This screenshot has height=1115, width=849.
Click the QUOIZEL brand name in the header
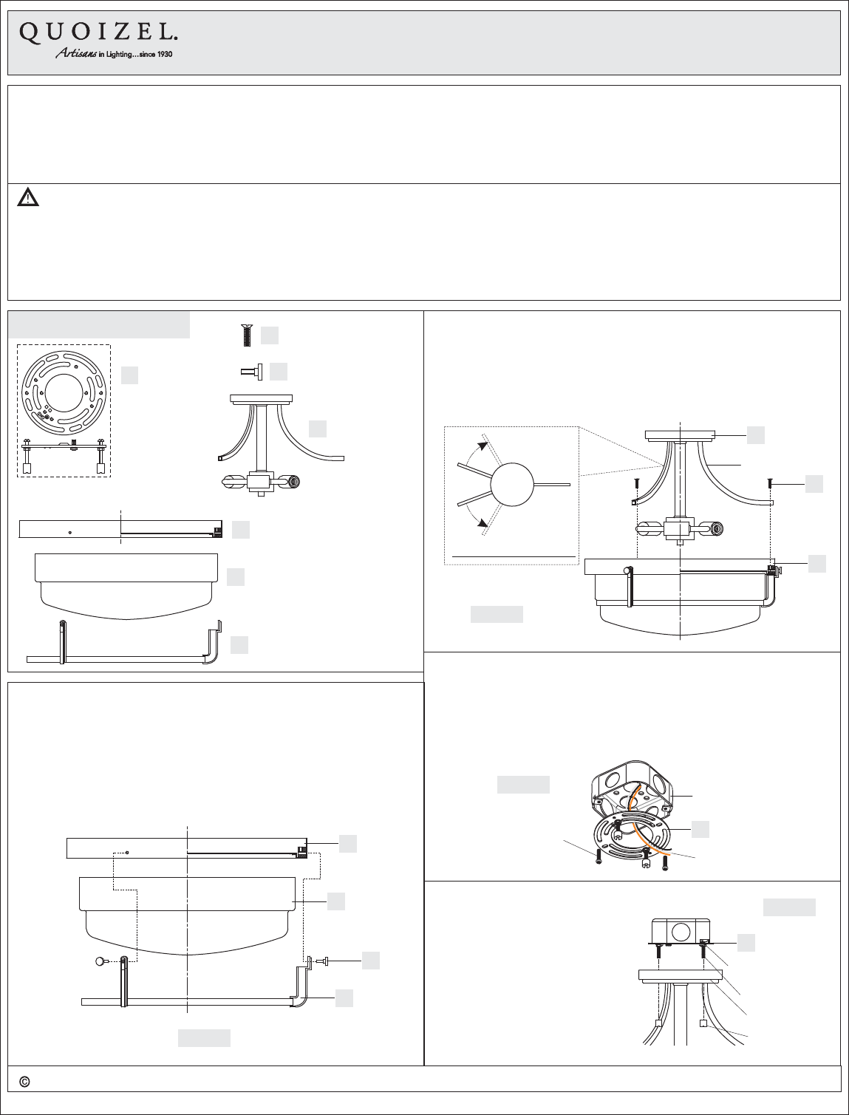[98, 33]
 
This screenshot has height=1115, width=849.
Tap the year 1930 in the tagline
[165, 55]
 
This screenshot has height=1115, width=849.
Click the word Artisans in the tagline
[76, 53]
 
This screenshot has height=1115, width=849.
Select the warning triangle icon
[28, 197]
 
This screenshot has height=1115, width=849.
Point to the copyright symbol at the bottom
[24, 1082]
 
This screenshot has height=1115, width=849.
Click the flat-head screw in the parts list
[248, 335]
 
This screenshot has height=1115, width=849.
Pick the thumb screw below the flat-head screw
[251, 372]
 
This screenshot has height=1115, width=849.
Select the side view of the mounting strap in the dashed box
[64, 454]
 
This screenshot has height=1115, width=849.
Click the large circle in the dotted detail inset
[512, 485]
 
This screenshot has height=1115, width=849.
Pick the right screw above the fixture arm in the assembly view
[770, 482]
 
